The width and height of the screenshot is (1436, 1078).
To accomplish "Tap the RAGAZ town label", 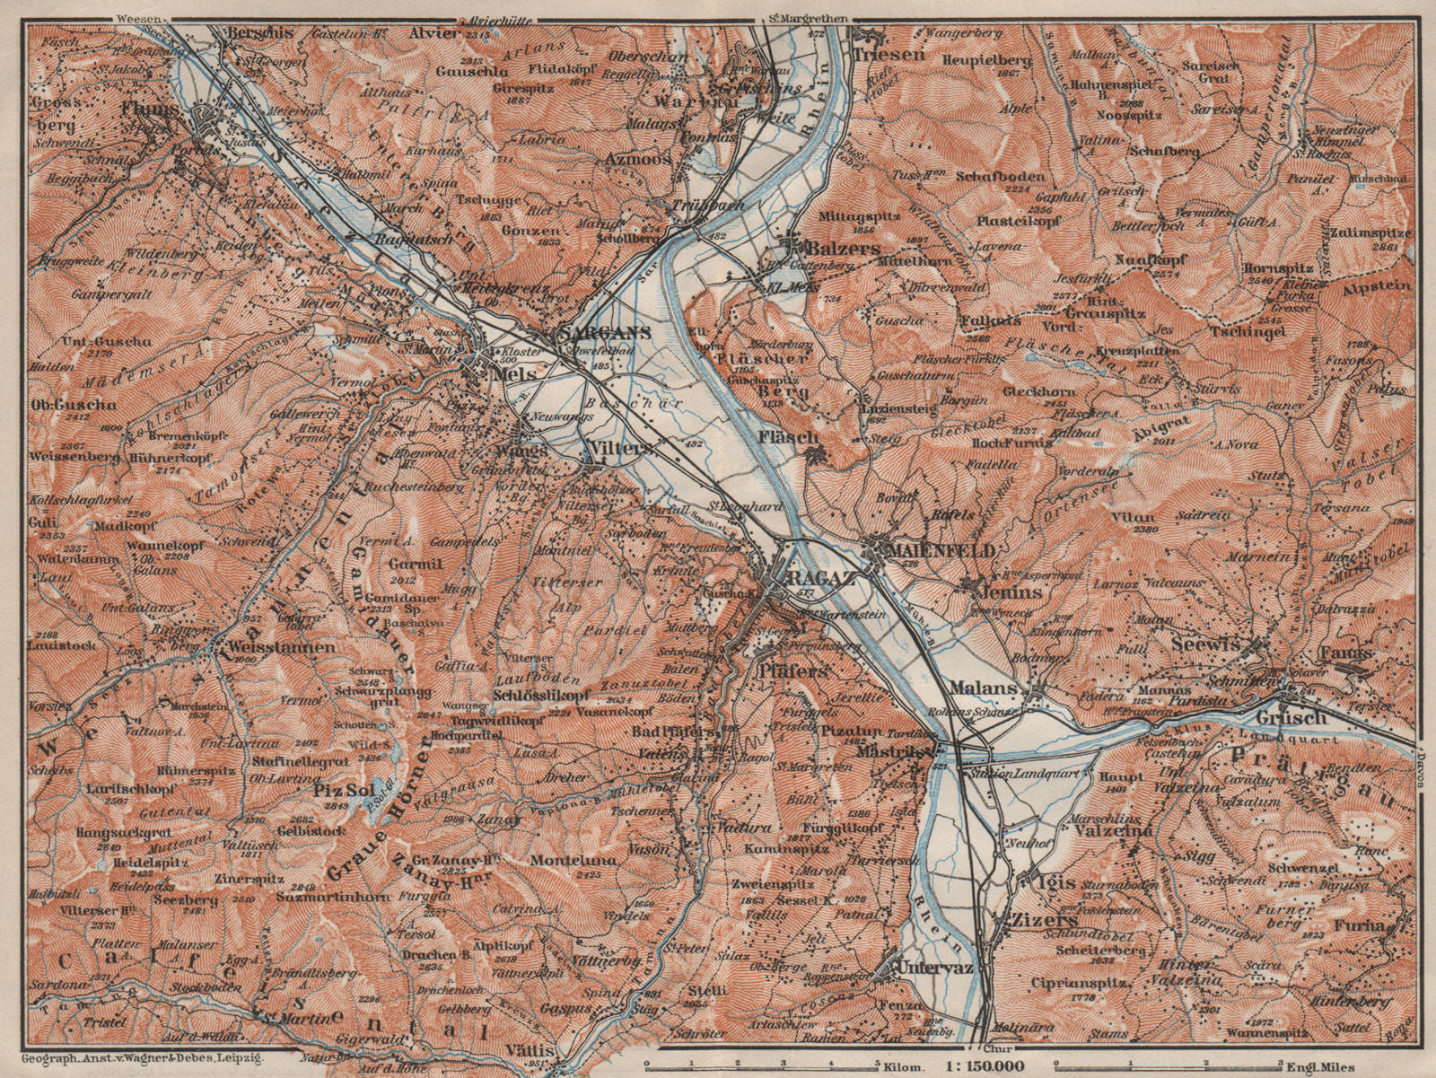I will pos(796,579).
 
